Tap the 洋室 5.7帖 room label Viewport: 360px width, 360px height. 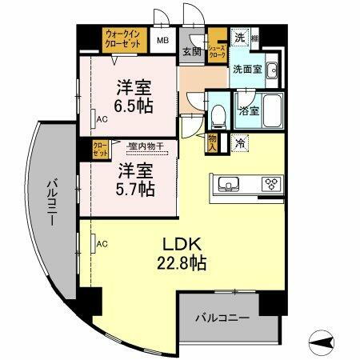(x=131, y=179)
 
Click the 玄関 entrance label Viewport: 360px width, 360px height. (x=190, y=52)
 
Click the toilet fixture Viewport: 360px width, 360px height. (x=217, y=117)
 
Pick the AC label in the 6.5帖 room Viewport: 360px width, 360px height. (x=102, y=119)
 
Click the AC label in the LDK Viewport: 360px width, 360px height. (x=102, y=243)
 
